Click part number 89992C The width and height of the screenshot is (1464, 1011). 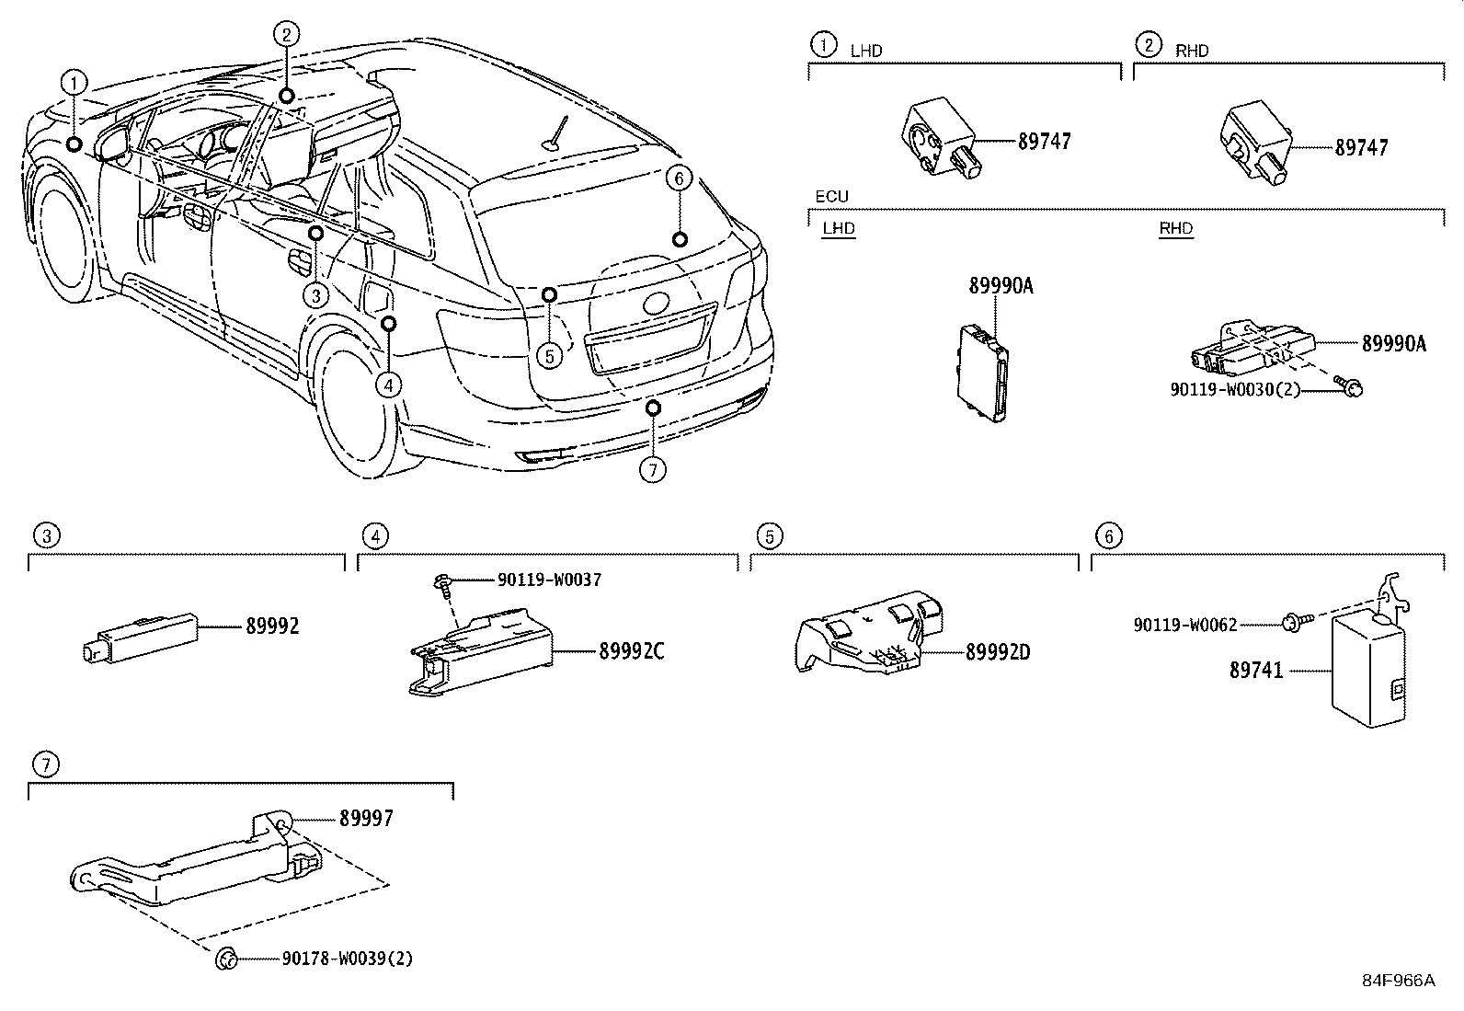click(631, 652)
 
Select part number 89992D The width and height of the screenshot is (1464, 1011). click(998, 652)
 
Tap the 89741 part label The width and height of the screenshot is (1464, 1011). click(1255, 671)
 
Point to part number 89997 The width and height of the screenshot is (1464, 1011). click(366, 818)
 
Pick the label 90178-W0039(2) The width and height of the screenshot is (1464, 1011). click(347, 959)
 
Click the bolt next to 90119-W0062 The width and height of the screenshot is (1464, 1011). click(1288, 624)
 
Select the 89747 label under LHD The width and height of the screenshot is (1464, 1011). click(1044, 142)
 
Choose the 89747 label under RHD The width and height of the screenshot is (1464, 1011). click(1361, 147)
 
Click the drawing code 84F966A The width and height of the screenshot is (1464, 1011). click(1398, 981)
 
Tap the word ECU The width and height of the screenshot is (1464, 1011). click(831, 197)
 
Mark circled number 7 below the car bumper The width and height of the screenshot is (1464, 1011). click(652, 469)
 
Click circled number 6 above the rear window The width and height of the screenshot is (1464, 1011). click(678, 178)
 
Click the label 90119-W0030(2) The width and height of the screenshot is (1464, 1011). click(1235, 389)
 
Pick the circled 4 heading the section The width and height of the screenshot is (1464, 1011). click(373, 535)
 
